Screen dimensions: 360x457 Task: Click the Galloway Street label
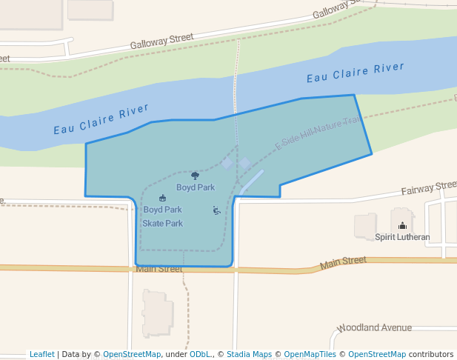pos(161,41)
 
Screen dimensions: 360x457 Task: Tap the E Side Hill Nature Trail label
pos(318,132)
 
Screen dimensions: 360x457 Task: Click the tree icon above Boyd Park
pos(195,176)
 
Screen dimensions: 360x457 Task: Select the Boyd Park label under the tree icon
pos(196,187)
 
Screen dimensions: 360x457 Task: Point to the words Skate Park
pos(162,223)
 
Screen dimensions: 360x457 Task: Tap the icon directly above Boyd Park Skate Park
pos(162,198)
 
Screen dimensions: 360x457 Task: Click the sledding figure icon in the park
pos(216,210)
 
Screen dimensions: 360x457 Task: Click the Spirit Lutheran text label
pos(402,237)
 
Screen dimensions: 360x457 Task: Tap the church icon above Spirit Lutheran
pos(402,226)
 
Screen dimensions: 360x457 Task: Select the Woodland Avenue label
pos(375,327)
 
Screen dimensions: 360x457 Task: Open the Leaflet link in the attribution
pos(41,354)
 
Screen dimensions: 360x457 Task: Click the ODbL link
pos(200,354)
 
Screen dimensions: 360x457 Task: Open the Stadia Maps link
pos(249,354)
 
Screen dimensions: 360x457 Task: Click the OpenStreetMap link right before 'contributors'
pos(377,354)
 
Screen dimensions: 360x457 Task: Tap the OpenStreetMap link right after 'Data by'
pos(132,354)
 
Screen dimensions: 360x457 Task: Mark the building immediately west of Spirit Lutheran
pos(365,227)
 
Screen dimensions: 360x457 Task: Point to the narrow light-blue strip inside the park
pos(252,181)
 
